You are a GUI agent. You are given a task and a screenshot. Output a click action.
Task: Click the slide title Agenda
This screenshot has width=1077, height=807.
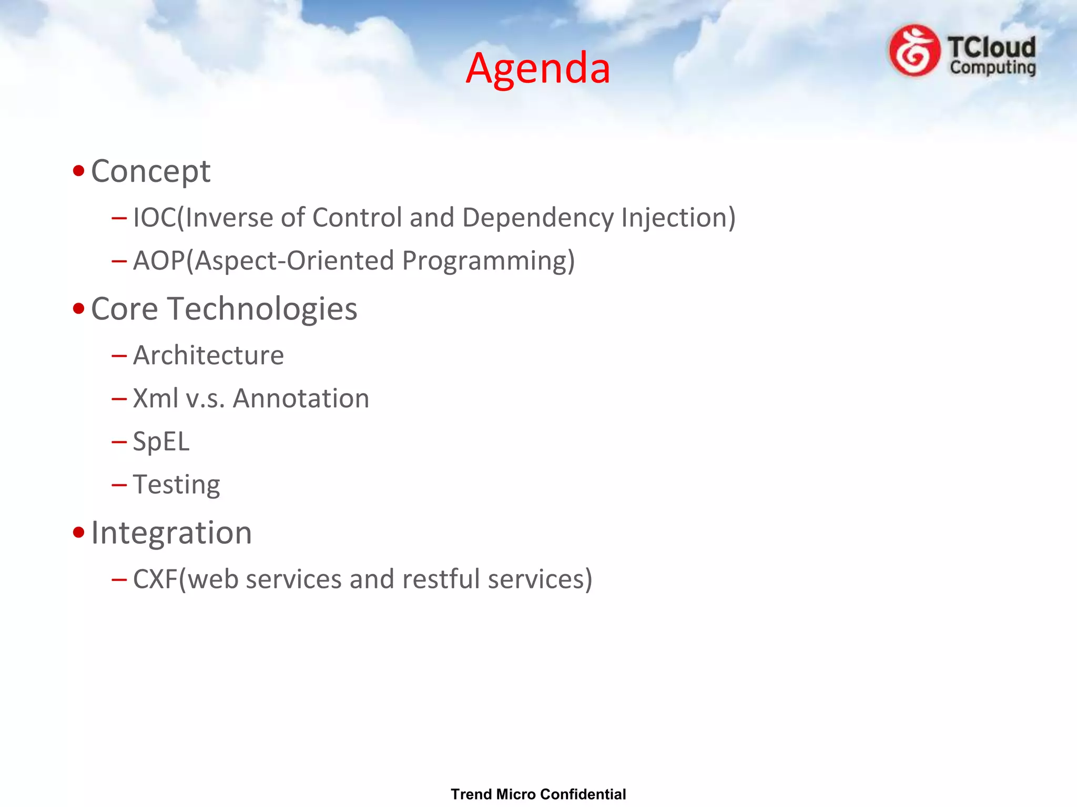tap(538, 68)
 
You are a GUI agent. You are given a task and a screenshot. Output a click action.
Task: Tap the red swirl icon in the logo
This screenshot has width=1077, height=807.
tap(915, 51)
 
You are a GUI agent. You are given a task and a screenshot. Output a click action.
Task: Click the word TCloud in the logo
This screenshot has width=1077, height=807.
tap(992, 47)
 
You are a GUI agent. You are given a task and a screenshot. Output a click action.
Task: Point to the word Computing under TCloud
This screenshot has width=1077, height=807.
tap(992, 68)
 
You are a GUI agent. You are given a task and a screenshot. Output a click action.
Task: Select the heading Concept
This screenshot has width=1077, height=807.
tap(150, 171)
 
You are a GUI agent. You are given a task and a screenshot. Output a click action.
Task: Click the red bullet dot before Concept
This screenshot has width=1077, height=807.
tap(79, 171)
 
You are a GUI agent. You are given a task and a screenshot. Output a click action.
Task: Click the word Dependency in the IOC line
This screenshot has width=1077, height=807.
tap(537, 218)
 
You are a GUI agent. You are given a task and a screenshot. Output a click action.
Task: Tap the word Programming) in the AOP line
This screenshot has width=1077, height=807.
tap(488, 261)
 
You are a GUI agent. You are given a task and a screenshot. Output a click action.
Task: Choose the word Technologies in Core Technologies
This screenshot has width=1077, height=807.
tap(262, 309)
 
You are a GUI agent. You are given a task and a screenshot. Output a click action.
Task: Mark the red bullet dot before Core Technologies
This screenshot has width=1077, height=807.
tap(79, 308)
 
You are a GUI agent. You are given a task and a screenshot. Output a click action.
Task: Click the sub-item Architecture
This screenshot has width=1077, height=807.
tap(208, 356)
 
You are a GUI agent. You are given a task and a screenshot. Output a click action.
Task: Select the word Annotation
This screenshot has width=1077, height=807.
tap(301, 399)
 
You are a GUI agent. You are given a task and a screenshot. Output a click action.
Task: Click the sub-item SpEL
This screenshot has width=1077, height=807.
tap(161, 442)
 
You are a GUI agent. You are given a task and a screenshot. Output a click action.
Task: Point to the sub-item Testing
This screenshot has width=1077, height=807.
tap(176, 485)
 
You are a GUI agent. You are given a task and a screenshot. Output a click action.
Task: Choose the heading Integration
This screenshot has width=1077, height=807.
tap(171, 533)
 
